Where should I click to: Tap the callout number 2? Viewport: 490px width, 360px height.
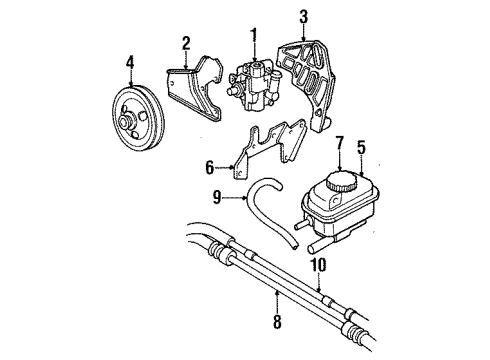click(x=186, y=42)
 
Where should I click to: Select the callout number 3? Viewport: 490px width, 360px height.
click(x=304, y=16)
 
